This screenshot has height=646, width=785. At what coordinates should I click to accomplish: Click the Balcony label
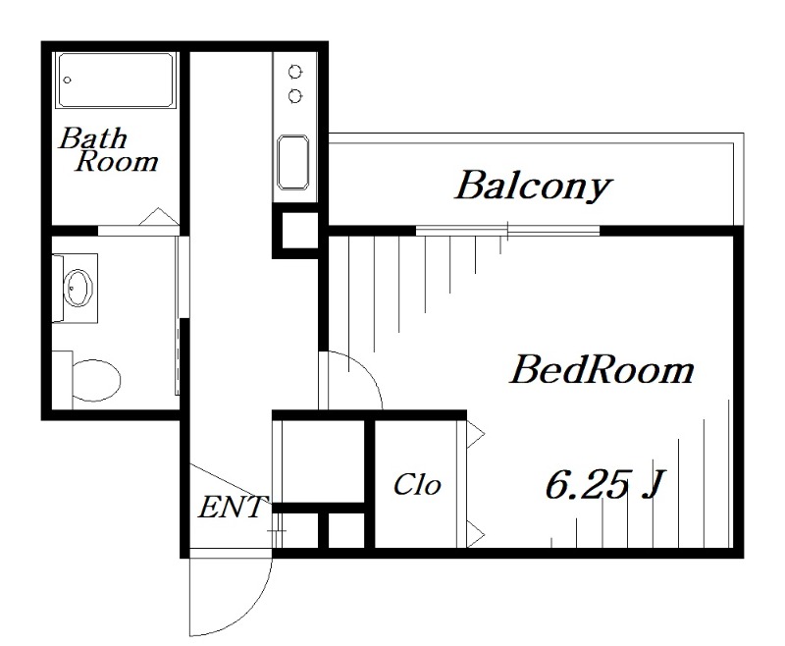click(533, 187)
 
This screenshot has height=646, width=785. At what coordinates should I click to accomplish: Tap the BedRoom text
click(602, 370)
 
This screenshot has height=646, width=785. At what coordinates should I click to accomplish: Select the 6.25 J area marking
click(604, 484)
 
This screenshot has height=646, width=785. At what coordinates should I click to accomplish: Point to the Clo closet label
click(417, 485)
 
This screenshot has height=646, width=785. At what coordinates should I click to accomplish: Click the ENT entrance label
click(232, 507)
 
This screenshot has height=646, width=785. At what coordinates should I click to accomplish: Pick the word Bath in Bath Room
click(93, 138)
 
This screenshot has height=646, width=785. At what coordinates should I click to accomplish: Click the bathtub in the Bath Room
click(116, 81)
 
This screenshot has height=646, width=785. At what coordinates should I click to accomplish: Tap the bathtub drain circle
click(68, 80)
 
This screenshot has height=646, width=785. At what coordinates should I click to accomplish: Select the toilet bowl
click(96, 380)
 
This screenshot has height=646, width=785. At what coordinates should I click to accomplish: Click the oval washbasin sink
click(78, 288)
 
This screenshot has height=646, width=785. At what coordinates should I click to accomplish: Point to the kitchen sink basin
click(292, 162)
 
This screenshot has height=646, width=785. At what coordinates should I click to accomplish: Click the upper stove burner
click(295, 72)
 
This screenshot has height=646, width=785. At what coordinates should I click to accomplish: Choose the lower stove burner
click(295, 95)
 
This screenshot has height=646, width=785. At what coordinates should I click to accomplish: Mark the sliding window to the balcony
click(507, 231)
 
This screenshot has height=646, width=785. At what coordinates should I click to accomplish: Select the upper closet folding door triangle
click(476, 434)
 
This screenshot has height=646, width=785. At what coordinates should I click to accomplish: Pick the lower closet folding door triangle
click(476, 533)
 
